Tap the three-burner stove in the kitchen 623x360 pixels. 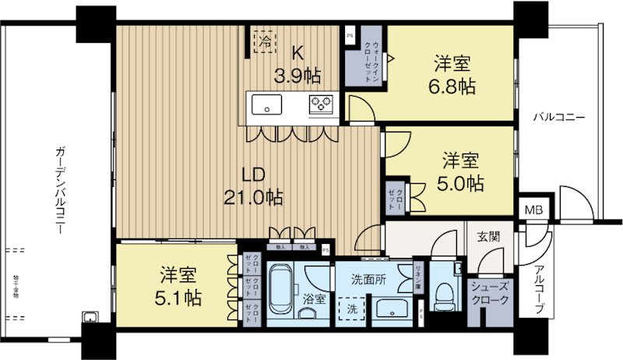pyautogui.click(x=321, y=104)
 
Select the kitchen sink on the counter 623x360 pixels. pyautogui.click(x=266, y=104)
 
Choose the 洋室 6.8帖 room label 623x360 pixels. pyautogui.click(x=449, y=73)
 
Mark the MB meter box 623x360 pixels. pyautogui.click(x=533, y=210)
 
